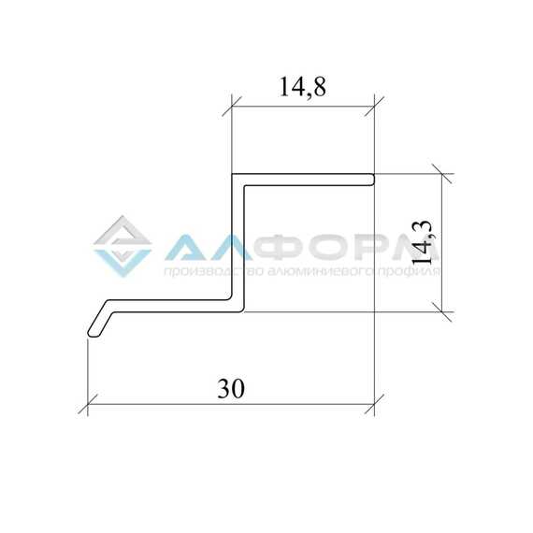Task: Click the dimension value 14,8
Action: [x=302, y=88]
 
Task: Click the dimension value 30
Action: [x=231, y=389]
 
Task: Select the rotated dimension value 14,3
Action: [x=422, y=242]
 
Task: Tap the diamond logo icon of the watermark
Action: [x=122, y=247]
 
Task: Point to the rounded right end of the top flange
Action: [x=373, y=180]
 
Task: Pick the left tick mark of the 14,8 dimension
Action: [x=232, y=107]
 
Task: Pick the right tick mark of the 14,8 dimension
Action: [x=374, y=107]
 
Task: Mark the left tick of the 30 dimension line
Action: [x=88, y=405]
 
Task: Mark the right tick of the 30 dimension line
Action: [x=374, y=405]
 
